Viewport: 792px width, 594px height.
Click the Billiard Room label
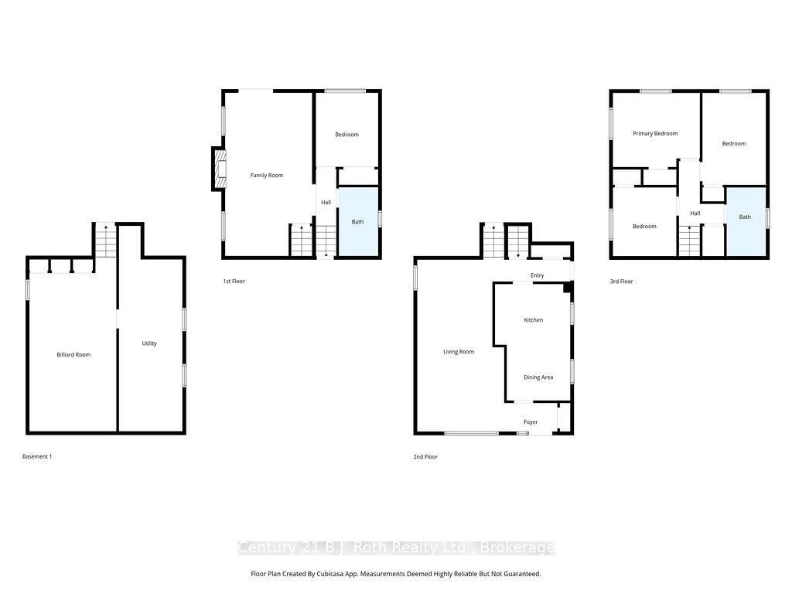tap(73, 354)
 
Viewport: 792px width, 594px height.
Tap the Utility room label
tap(149, 343)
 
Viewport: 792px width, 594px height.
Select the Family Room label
tap(267, 176)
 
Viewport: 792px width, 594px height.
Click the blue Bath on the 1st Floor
tap(357, 222)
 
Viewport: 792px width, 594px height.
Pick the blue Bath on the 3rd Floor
tap(745, 222)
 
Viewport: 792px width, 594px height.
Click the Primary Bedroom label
tap(655, 134)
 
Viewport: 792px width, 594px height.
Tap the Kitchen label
tap(534, 320)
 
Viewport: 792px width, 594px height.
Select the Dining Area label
tap(538, 377)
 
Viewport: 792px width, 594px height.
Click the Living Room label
tap(459, 352)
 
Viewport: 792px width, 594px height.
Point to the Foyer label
tap(531, 422)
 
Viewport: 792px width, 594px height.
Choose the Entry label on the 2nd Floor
tap(538, 275)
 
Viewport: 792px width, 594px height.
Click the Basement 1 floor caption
tap(37, 456)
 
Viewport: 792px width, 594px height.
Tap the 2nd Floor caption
tap(425, 456)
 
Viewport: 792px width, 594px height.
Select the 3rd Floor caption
tap(621, 282)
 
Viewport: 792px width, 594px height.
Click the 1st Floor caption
tap(234, 282)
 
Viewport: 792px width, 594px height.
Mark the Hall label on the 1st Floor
tap(326, 203)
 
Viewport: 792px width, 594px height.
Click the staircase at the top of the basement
tap(106, 241)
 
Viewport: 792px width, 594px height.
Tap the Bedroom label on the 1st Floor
tap(347, 135)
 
